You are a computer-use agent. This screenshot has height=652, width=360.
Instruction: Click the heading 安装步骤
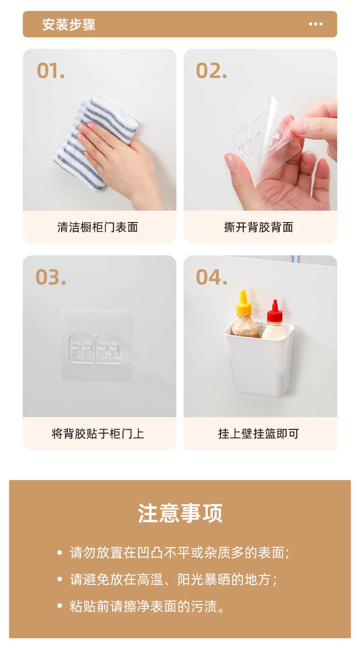(69, 25)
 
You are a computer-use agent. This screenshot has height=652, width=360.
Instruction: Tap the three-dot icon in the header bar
(316, 24)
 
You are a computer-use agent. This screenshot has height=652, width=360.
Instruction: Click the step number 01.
(51, 71)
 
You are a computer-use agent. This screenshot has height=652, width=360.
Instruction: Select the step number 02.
(211, 71)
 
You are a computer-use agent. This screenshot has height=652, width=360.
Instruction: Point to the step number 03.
(51, 277)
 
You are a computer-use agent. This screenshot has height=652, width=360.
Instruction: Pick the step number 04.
(211, 277)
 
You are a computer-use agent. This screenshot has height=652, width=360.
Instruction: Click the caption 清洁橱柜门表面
(98, 228)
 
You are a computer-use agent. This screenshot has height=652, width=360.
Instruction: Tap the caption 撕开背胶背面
(258, 228)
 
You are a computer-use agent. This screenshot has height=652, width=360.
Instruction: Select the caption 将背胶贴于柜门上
(98, 434)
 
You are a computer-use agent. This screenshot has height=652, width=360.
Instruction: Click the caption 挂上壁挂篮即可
(258, 434)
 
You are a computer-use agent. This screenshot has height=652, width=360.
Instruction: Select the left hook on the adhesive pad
(82, 349)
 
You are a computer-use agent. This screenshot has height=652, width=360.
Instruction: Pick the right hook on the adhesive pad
(109, 349)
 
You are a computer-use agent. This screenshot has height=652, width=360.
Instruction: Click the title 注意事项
(180, 513)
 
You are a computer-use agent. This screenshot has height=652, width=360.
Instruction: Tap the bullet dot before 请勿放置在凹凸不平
(60, 553)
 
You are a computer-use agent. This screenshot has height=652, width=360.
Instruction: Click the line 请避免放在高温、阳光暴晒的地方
(174, 580)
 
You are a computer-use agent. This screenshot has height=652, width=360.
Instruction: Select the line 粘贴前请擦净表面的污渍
(147, 606)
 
